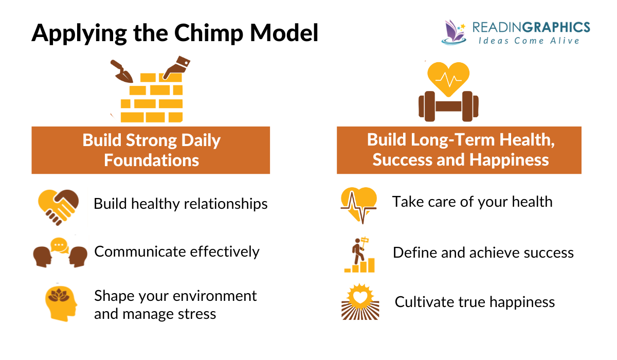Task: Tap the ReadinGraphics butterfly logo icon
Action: point(453,32)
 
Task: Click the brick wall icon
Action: point(151,97)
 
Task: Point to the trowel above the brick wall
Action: point(122,71)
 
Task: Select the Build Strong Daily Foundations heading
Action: point(151,150)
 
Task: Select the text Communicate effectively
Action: point(177,251)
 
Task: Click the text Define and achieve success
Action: point(483,253)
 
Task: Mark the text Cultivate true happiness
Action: point(474,301)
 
